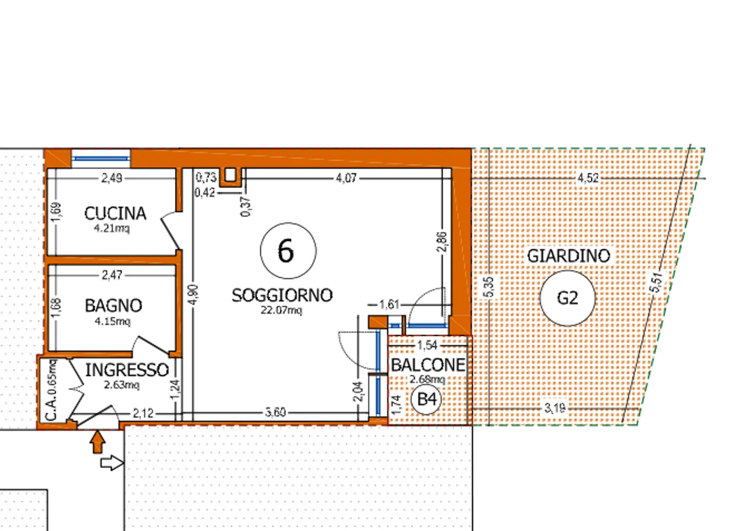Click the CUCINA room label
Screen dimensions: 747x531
pos(115,214)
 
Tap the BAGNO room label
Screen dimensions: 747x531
pos(114,306)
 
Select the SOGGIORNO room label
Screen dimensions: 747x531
pos(282,295)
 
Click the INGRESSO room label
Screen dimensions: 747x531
pos(127,370)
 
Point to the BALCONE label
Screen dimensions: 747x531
pos(428,365)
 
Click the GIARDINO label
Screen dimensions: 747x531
pos(569,256)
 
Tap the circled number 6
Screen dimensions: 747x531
pos(288,251)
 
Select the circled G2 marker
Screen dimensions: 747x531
pos(568,298)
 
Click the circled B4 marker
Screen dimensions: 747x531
pos(426,399)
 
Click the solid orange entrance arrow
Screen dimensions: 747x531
pos(98,442)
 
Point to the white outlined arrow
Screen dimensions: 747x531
pos(113,463)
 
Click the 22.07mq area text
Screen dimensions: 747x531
pos(281,310)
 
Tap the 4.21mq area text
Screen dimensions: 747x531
pos(112,228)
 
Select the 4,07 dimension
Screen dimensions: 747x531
pos(346,178)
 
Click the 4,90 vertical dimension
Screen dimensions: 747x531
pos(193,295)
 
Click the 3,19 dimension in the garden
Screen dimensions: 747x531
pos(555,408)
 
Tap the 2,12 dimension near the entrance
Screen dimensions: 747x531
pos(143,414)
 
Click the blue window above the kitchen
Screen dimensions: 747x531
pos(101,158)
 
